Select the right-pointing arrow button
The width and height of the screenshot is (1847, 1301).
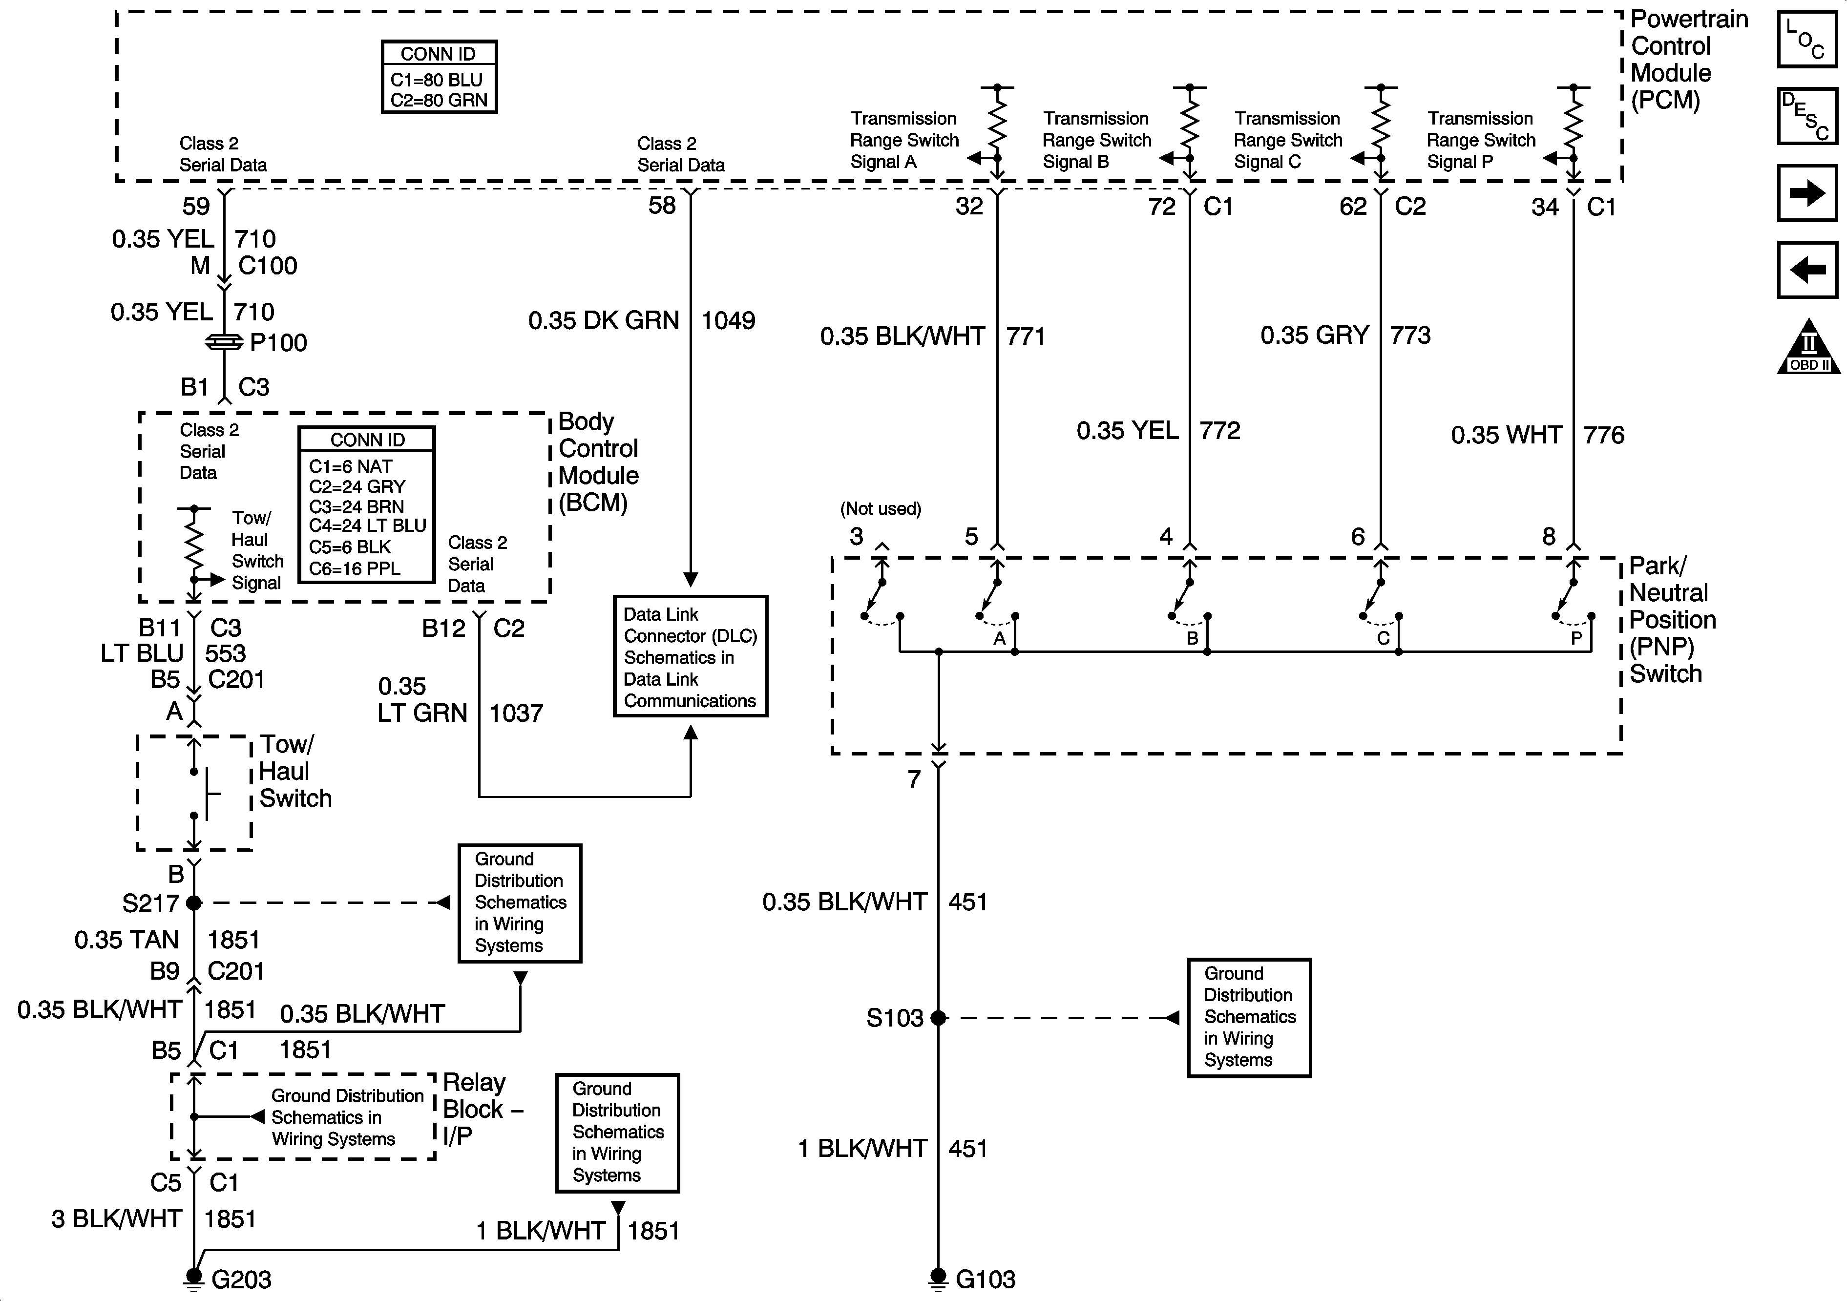coord(1807,193)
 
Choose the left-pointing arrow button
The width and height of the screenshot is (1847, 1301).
coord(1807,269)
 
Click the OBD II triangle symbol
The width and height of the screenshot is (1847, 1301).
coord(1807,348)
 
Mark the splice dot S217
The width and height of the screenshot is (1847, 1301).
coord(194,902)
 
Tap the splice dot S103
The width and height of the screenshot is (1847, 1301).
coord(938,1018)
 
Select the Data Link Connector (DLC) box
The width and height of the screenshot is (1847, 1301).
coord(690,656)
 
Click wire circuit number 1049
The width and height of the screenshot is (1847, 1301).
coord(728,321)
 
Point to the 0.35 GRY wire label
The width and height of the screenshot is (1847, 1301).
coord(1314,336)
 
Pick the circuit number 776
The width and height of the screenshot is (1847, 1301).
coord(1603,435)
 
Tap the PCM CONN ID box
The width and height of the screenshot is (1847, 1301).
coord(439,77)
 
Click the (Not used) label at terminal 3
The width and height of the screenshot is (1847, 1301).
coord(880,508)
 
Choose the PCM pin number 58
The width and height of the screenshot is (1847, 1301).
coord(662,206)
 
